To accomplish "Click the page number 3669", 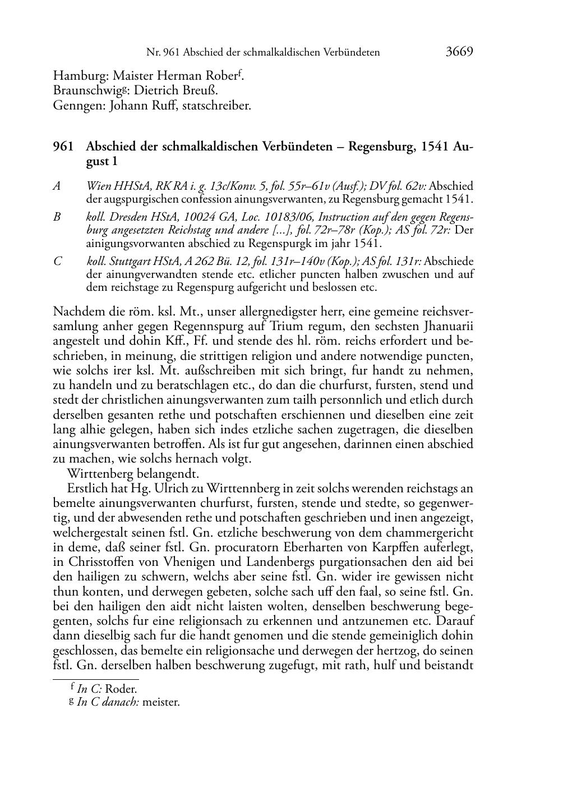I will coord(459,52).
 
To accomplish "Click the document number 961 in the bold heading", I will coord(63,147).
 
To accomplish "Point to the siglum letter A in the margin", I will coord(57,186).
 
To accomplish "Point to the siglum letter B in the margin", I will coord(57,217).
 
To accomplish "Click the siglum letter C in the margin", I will coord(57,262).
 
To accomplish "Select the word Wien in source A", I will coord(98,186).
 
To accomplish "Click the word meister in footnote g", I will coord(161,702).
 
